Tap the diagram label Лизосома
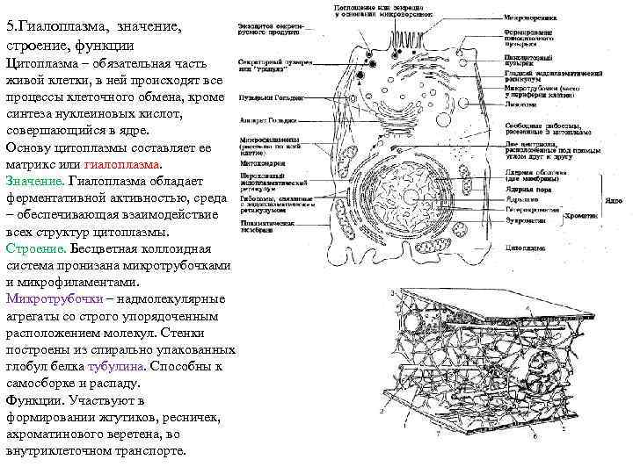[520, 103]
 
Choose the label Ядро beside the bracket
[614, 200]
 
